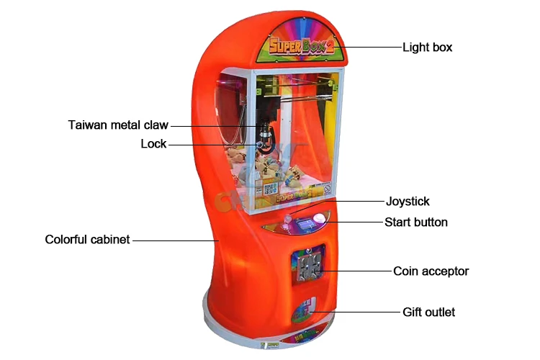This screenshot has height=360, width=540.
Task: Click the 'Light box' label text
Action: click(x=427, y=48)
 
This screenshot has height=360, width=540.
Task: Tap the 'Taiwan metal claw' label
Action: click(x=118, y=125)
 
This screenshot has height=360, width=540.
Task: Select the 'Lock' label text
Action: click(x=153, y=144)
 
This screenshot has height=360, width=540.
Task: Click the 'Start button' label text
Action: click(x=416, y=222)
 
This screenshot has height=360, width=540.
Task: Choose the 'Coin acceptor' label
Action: click(x=431, y=271)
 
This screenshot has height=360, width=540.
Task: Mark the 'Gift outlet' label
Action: click(x=428, y=312)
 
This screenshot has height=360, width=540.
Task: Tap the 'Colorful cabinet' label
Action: click(x=87, y=239)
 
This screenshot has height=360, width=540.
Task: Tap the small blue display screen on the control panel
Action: click(x=305, y=222)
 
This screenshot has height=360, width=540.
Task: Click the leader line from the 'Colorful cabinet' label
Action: click(x=174, y=239)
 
